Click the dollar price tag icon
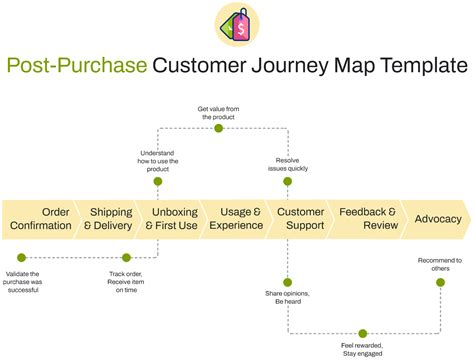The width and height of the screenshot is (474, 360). pos(237,24)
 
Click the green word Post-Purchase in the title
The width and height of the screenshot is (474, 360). pos(77,67)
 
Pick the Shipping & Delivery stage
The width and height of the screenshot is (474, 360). pos(110,219)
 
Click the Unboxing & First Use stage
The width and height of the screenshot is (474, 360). pos(173,219)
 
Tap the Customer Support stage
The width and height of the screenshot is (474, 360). pos(300,219)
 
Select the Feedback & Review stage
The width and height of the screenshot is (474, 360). pos(368,219)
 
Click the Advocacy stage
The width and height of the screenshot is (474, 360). pos(437,219)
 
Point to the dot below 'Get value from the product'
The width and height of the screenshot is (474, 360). pos(219,128)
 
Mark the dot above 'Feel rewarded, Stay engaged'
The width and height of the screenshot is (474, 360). pos(362,332)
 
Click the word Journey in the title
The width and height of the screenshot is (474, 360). pos(300,67)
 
